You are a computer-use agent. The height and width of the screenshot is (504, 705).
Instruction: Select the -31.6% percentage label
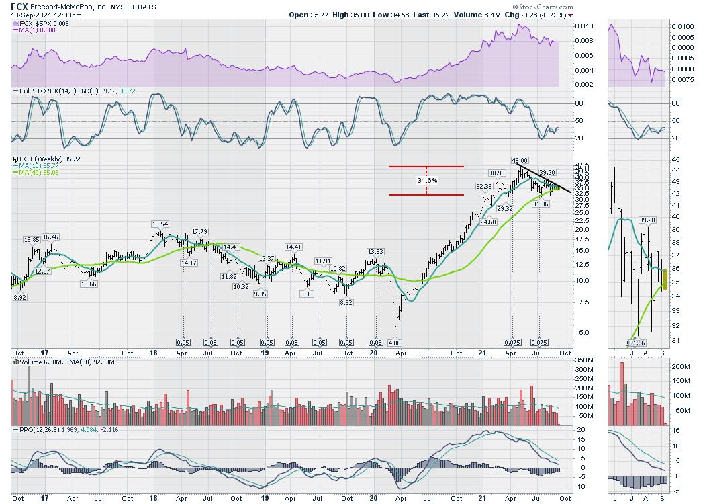pyautogui.click(x=426, y=181)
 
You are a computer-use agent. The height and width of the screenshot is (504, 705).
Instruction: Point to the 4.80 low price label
pyautogui.click(x=394, y=342)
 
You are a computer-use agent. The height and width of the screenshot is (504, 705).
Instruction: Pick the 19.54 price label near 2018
pyautogui.click(x=159, y=224)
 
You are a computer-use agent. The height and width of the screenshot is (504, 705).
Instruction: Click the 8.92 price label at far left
pyautogui.click(x=19, y=296)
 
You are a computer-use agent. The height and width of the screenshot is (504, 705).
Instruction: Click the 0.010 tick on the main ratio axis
pyautogui.click(x=584, y=26)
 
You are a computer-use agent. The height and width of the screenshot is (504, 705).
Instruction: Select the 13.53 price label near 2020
pyautogui.click(x=375, y=252)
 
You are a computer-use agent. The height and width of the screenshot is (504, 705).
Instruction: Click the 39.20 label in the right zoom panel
pyautogui.click(x=647, y=220)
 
